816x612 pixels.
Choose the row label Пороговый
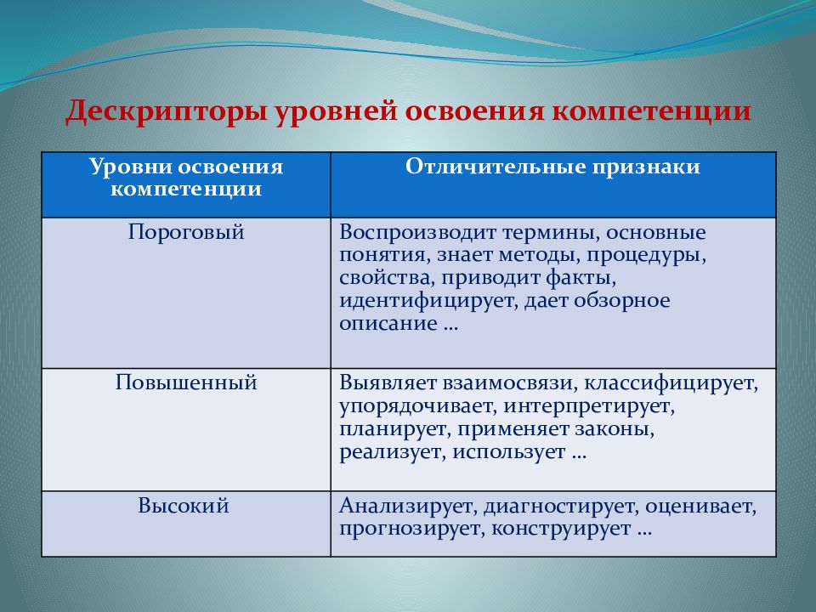coord(186,232)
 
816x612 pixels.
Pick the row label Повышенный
coord(186,382)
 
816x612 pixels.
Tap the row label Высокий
coord(184,506)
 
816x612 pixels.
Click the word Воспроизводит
coord(417,233)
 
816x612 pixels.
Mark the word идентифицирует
coord(428,301)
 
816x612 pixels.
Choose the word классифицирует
coord(671,383)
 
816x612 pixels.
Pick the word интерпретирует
coord(588,406)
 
